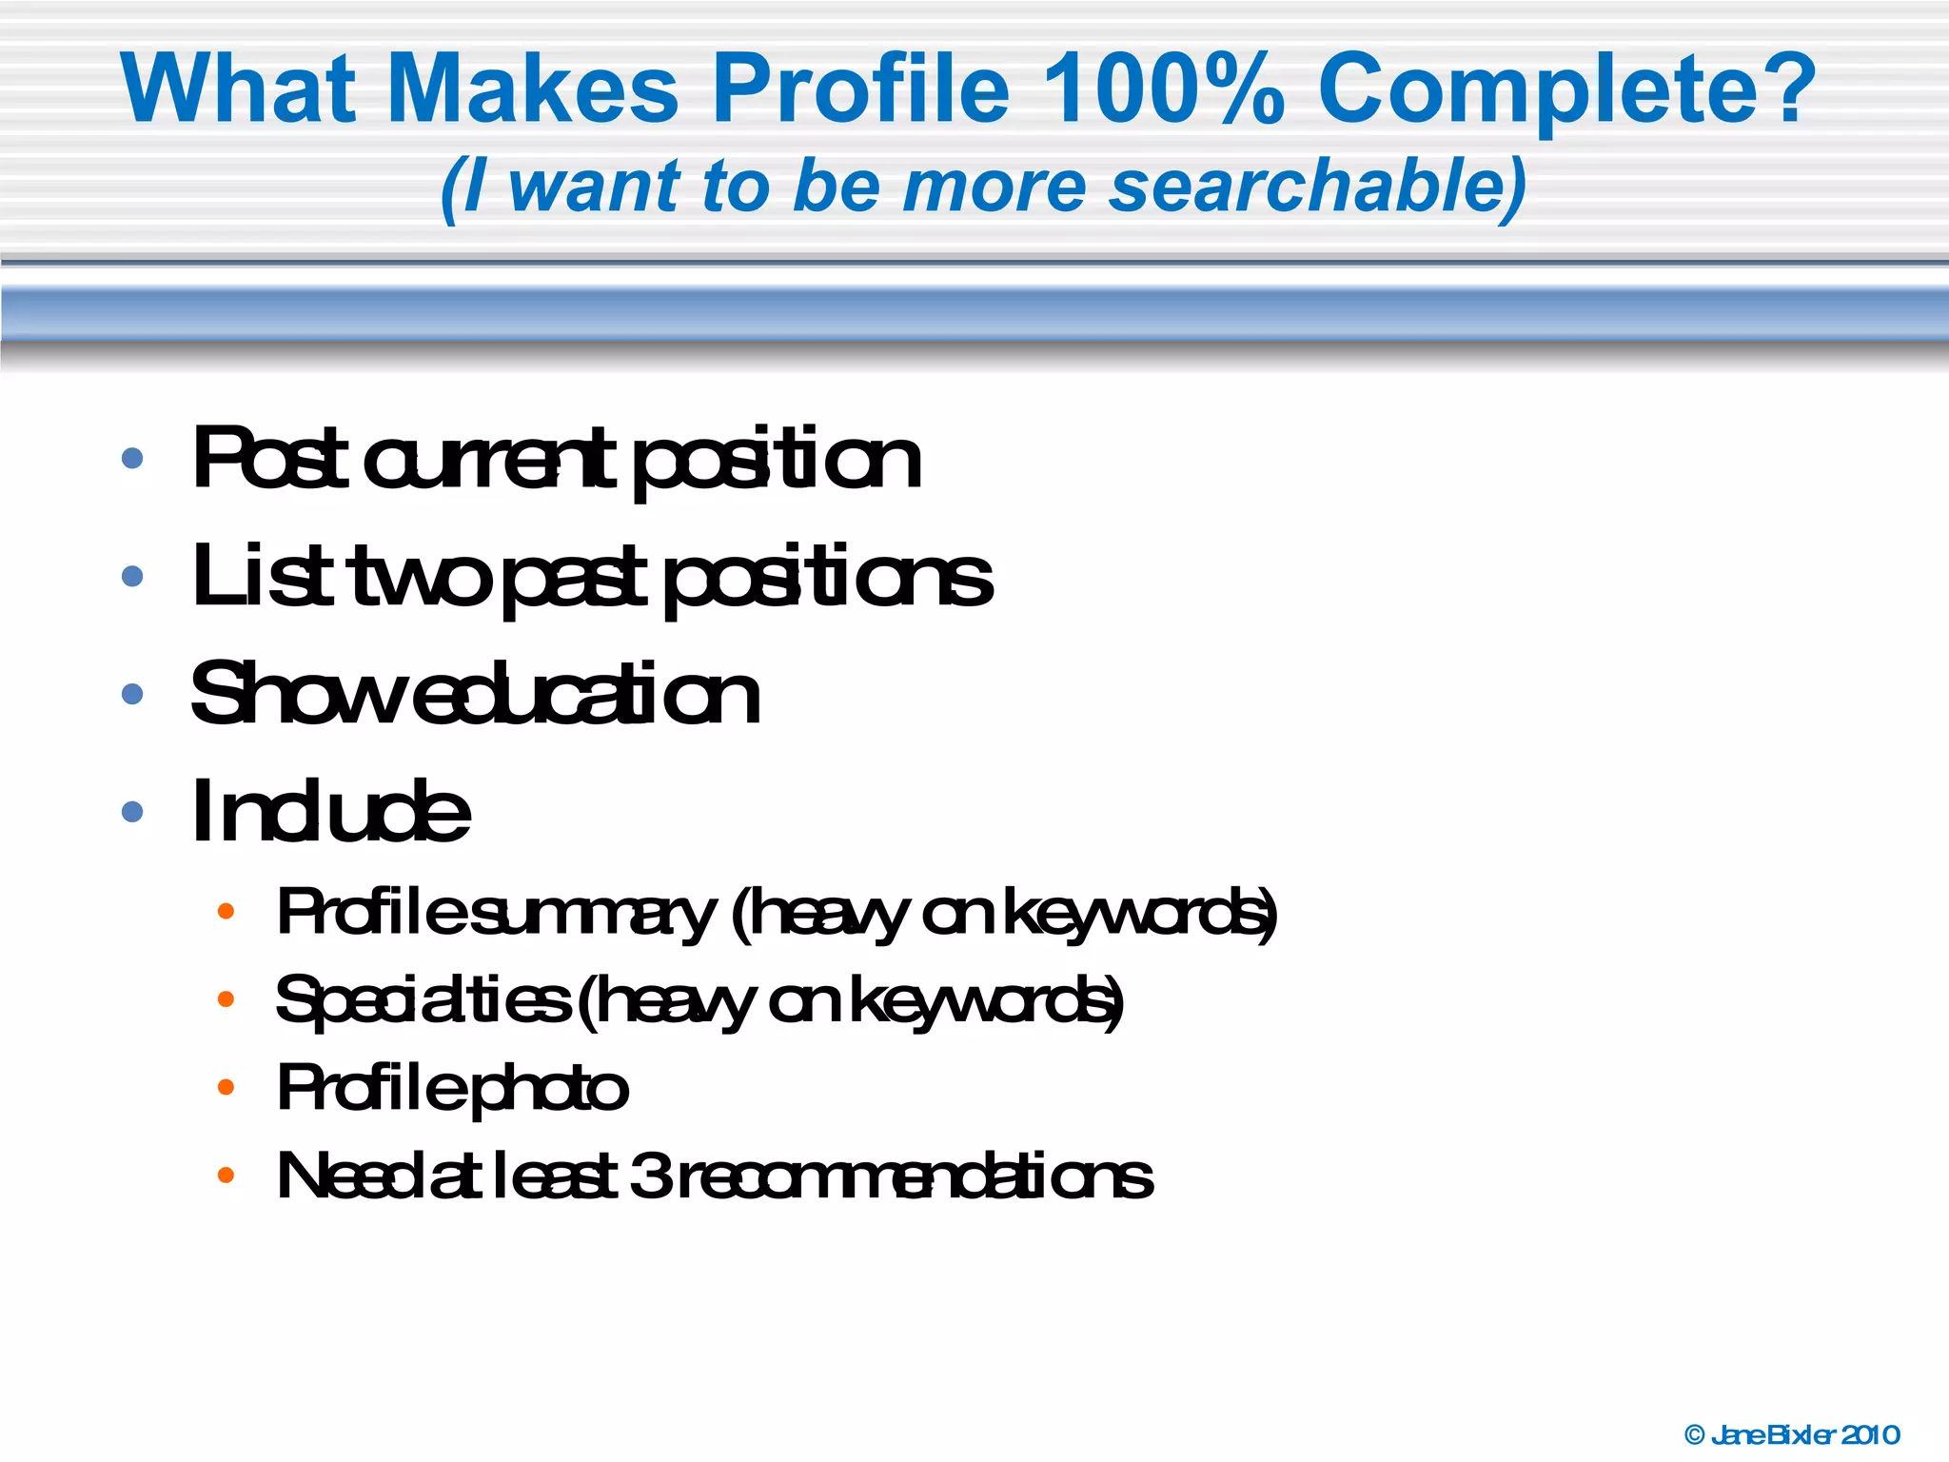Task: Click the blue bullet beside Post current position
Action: (x=132, y=459)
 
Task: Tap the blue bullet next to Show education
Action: (x=132, y=694)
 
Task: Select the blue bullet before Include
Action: (x=132, y=811)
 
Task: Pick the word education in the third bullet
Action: (x=587, y=694)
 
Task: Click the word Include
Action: (x=330, y=811)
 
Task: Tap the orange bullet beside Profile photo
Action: (x=226, y=1087)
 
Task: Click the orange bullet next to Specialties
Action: (x=226, y=999)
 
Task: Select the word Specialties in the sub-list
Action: (x=423, y=1001)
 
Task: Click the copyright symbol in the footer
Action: (x=1694, y=1434)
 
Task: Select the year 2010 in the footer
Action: (x=1869, y=1434)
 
